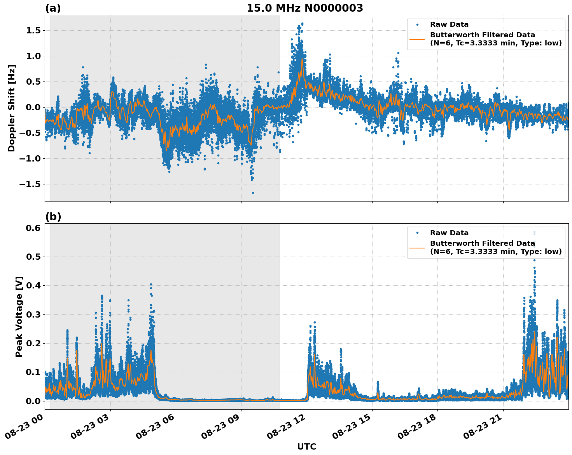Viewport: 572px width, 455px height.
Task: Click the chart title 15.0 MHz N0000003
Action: click(304, 8)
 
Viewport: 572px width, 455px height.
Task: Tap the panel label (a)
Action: click(53, 8)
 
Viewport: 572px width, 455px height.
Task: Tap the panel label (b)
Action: click(53, 217)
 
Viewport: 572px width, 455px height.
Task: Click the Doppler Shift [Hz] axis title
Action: click(12, 108)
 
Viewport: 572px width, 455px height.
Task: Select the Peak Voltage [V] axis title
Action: click(19, 316)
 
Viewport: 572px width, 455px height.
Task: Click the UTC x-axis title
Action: click(306, 446)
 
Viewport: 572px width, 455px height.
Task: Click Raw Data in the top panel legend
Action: click(449, 24)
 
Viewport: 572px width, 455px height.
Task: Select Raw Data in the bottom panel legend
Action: click(449, 233)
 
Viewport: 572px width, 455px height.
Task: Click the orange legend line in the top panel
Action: click(417, 39)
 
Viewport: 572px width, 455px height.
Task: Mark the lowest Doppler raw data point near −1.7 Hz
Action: click(253, 193)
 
